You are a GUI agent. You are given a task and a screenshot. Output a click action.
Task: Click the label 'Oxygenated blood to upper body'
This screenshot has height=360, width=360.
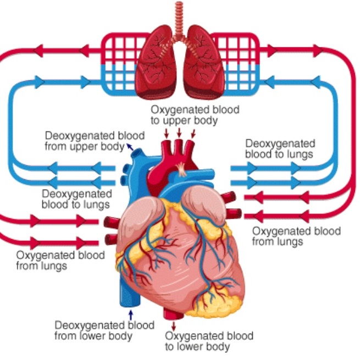195,114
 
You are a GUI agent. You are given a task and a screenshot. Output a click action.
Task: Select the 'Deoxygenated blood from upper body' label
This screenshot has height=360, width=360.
95,141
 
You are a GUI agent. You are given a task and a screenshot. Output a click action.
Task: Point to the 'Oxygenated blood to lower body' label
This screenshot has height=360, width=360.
209,341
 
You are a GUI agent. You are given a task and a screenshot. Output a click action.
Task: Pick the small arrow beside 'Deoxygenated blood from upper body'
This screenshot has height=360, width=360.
130,146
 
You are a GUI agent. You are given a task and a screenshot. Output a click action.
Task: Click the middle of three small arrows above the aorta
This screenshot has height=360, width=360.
179,133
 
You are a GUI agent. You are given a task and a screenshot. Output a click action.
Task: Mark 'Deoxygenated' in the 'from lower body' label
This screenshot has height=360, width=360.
81,324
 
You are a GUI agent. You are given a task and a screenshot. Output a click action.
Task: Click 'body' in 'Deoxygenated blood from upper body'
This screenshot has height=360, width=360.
114,146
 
